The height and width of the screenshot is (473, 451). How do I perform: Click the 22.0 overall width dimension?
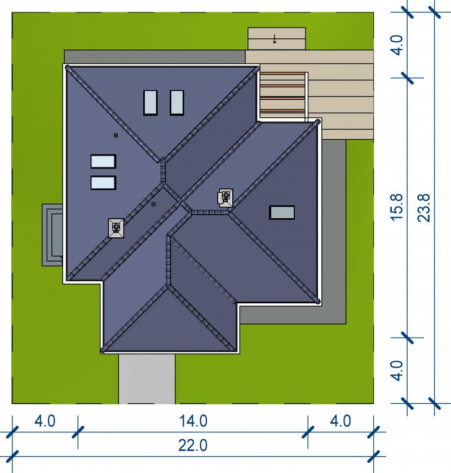[193, 445]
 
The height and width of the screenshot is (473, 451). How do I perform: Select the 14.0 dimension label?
[193, 421]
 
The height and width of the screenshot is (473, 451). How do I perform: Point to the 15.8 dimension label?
[397, 207]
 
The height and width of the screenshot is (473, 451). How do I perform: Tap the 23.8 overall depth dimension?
[423, 208]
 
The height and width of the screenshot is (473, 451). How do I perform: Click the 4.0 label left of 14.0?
[45, 421]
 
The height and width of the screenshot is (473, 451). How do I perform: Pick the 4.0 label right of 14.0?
[341, 421]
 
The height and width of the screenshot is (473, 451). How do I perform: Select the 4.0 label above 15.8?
[397, 45]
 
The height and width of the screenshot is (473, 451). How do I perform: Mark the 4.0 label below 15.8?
[397, 370]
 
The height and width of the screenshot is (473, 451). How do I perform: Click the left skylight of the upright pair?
[150, 103]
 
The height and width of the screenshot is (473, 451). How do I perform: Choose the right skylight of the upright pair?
[177, 103]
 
